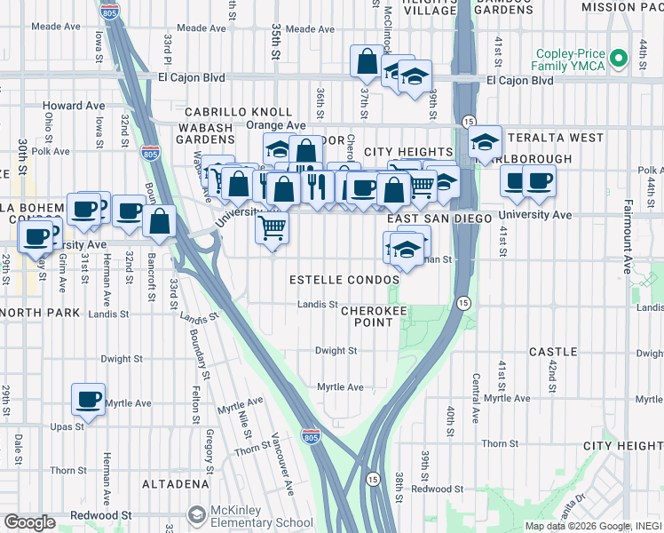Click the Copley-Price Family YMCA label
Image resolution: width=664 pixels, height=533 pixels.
568,59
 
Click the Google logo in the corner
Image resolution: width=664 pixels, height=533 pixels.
29,522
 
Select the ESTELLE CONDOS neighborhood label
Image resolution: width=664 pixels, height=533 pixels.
344,280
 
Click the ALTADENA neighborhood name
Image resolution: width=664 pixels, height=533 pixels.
173,484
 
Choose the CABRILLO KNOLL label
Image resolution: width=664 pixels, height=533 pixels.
238,112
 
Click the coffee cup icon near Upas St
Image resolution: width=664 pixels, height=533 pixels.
88,399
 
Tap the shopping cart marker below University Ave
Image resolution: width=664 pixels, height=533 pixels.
273,227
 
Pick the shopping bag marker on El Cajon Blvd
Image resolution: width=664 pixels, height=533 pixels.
368,62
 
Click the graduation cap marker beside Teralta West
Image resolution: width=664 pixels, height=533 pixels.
485,141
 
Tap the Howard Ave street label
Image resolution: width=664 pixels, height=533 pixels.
75,106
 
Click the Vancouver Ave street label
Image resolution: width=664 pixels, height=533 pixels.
281,467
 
